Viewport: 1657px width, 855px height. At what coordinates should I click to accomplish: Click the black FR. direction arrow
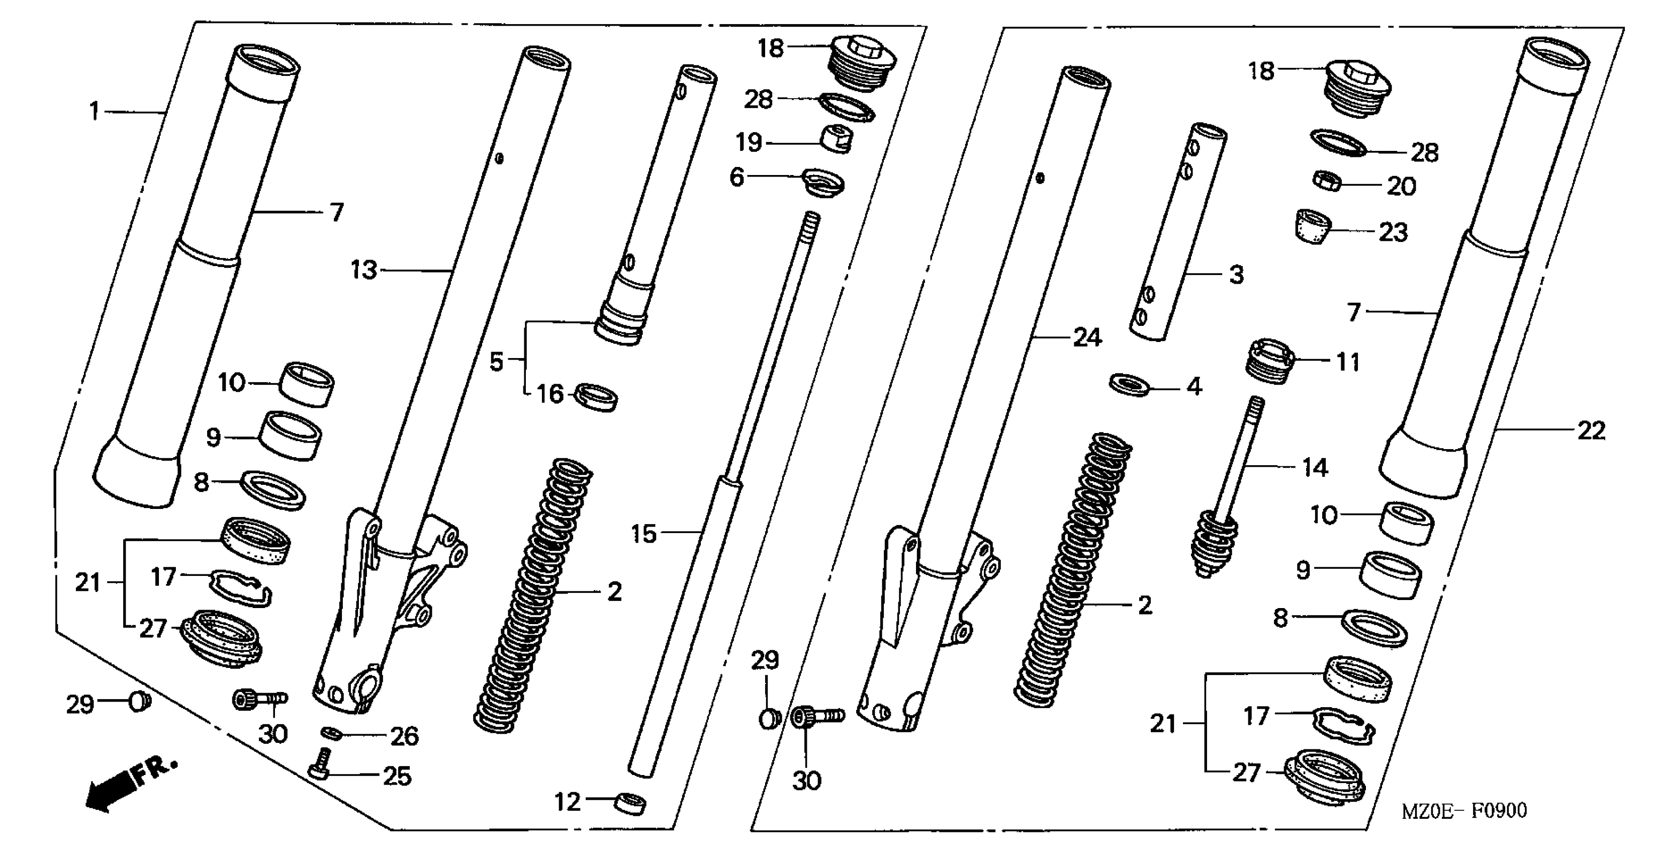click(116, 789)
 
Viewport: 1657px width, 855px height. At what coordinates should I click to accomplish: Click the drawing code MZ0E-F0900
click(1464, 811)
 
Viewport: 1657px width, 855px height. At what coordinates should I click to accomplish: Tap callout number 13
click(363, 270)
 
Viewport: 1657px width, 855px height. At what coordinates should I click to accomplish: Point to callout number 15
click(643, 533)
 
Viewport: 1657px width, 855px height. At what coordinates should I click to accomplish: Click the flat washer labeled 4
click(1130, 384)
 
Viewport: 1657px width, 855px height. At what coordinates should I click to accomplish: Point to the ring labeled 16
click(596, 397)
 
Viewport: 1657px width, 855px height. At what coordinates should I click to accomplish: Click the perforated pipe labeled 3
click(1177, 231)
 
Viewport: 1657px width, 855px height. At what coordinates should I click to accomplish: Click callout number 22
click(1591, 431)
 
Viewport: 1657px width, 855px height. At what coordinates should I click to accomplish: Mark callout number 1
click(94, 111)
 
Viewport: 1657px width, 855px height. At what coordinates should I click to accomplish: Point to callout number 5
click(495, 362)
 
